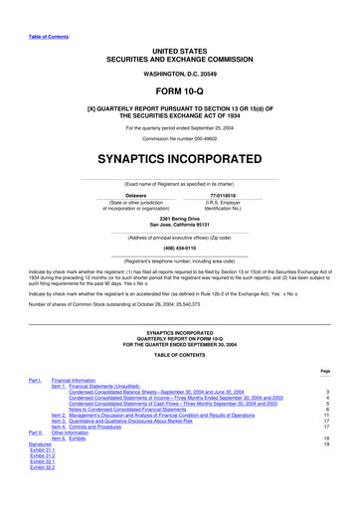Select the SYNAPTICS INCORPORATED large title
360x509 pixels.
pos(180,157)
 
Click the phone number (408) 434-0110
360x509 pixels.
pos(180,251)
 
